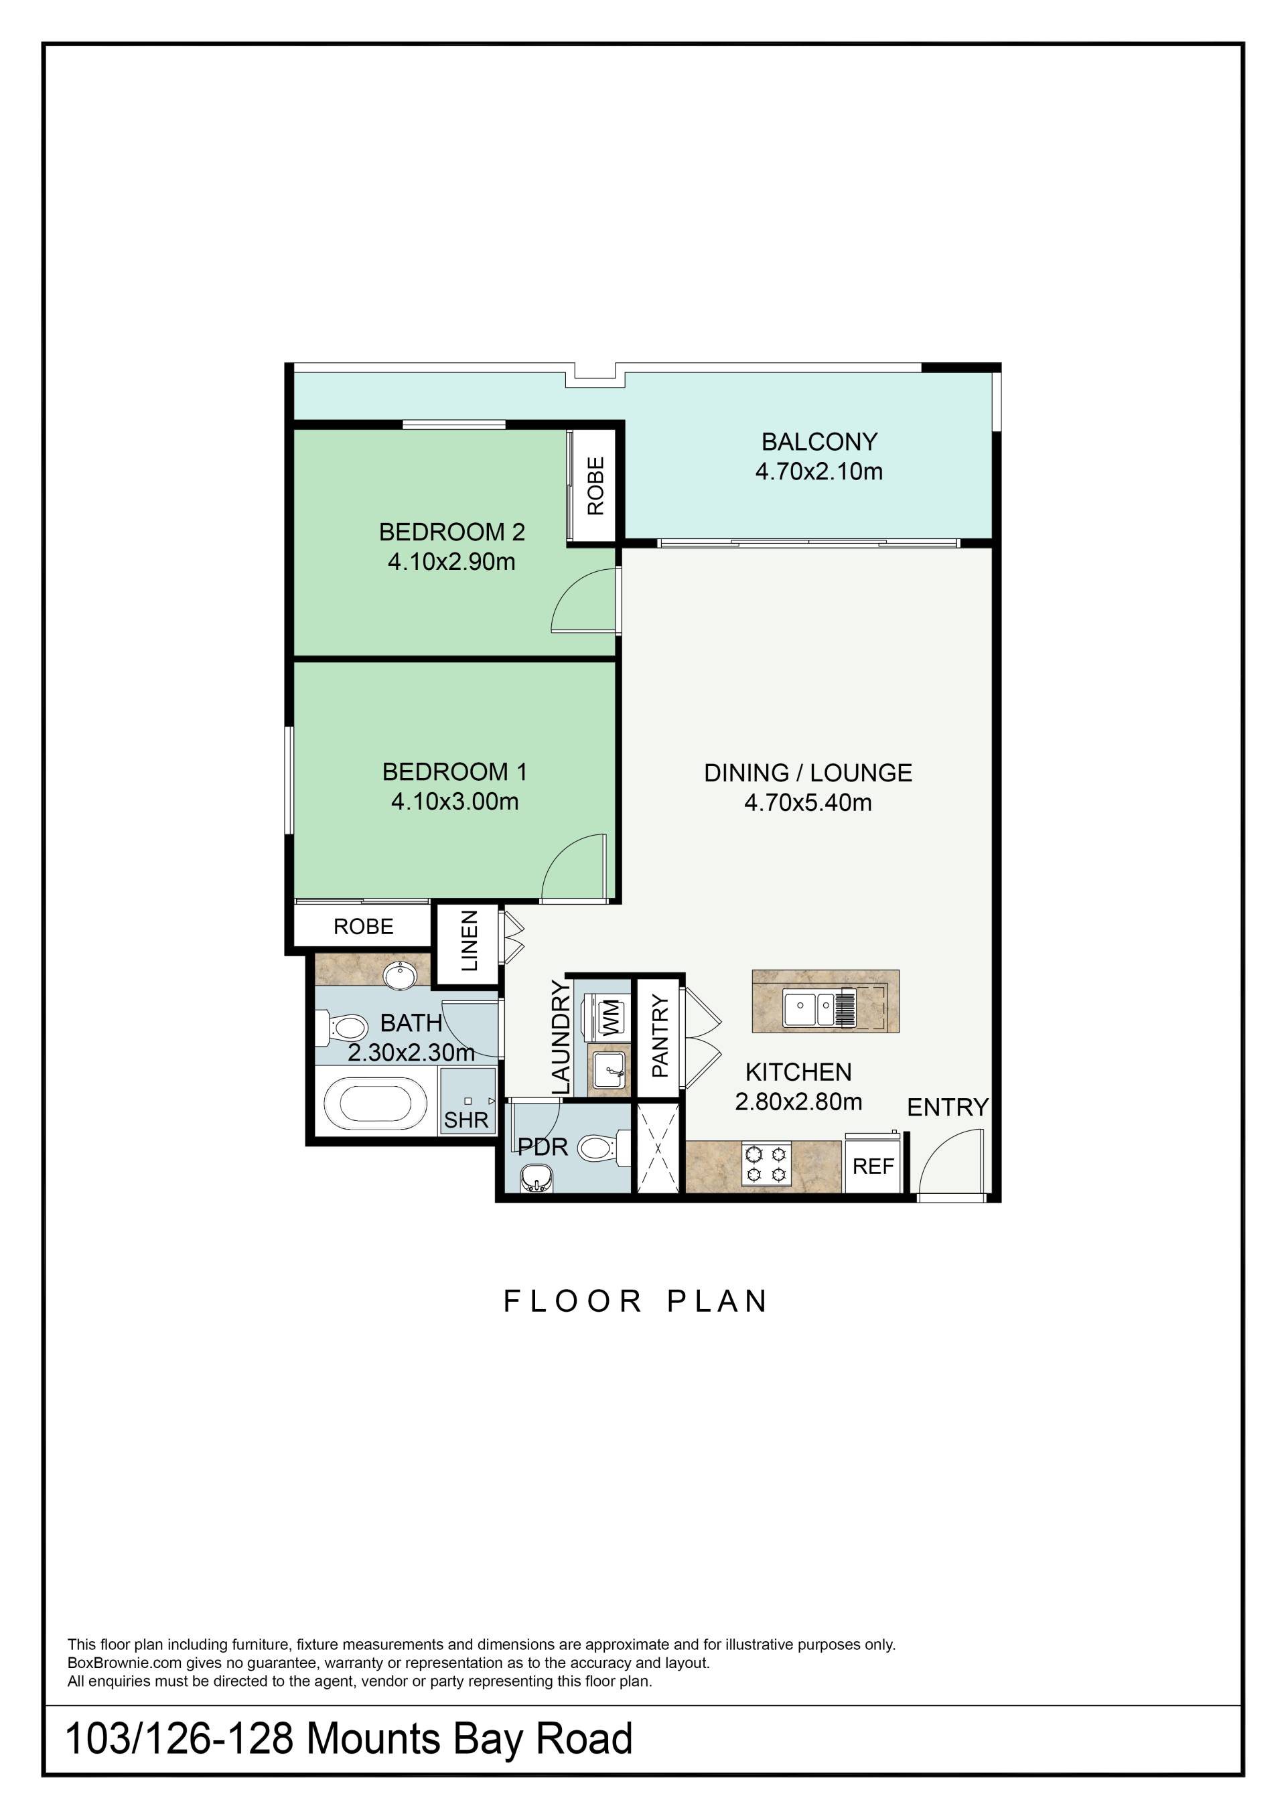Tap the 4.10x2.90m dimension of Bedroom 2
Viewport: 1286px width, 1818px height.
(451, 562)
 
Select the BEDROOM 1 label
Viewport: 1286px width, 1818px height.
(455, 771)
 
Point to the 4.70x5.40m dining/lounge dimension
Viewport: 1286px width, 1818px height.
(808, 803)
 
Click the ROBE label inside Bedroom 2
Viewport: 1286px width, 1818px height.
(595, 486)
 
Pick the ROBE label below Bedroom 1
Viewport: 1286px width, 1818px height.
(364, 927)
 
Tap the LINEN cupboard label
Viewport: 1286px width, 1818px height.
(470, 941)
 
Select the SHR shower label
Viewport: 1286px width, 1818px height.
(466, 1120)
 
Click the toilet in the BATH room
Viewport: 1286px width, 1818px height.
(343, 1029)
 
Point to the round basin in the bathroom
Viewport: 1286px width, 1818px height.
(401, 975)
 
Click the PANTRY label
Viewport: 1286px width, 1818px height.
(660, 1037)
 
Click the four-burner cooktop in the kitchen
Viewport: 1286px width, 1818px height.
(766, 1164)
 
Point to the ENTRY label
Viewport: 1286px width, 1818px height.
(948, 1108)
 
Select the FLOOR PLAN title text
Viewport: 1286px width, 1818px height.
(636, 1302)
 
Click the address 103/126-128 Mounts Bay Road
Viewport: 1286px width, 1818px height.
(348, 1740)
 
